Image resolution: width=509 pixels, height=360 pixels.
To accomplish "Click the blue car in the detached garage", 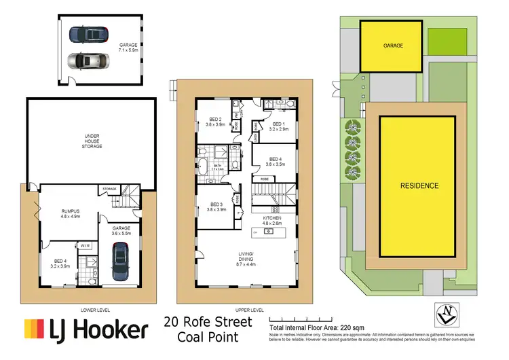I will pos(90,33).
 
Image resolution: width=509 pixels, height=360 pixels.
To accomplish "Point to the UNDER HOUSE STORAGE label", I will pos(92,141).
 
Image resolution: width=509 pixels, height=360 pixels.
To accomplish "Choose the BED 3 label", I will pos(215,206).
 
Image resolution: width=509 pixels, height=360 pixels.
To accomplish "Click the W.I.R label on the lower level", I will pos(86,245).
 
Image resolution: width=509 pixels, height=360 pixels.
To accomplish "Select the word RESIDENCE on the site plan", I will pos(419,185).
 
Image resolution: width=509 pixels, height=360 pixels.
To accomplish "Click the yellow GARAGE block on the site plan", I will pos(394,46).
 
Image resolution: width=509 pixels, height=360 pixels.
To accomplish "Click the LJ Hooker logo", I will pos(86,330).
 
